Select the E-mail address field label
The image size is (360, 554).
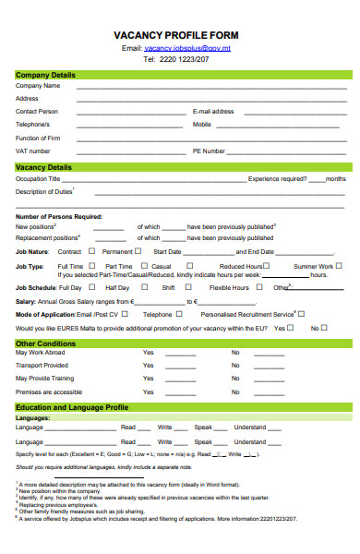point(213,111)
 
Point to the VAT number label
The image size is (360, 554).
point(33,151)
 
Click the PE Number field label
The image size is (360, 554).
point(209,151)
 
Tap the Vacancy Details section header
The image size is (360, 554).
point(43,167)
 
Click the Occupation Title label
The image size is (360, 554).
point(38,178)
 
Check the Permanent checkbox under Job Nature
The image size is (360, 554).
point(138,250)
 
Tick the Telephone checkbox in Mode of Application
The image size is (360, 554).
point(178,314)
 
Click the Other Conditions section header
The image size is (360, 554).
point(45,343)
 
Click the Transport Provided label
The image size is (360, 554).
point(42,365)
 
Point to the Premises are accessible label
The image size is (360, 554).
point(47,391)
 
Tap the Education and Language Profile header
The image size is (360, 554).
point(71,407)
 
